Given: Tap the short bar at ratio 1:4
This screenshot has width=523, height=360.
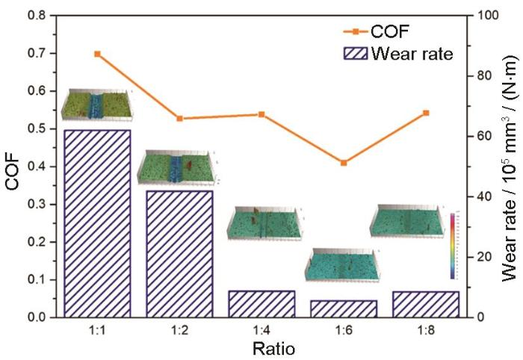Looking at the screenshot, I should [261, 303].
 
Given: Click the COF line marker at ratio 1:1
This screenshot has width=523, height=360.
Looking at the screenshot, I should [97, 54].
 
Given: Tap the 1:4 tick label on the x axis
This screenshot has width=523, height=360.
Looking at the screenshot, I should [261, 329].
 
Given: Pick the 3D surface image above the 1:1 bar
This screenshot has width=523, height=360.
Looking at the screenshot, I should [97, 105].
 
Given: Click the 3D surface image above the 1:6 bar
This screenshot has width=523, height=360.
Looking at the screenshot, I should [344, 264].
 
